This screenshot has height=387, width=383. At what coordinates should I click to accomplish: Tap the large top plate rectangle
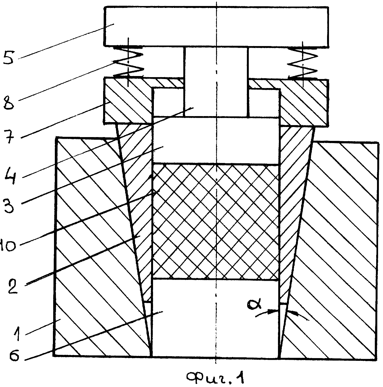216,26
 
